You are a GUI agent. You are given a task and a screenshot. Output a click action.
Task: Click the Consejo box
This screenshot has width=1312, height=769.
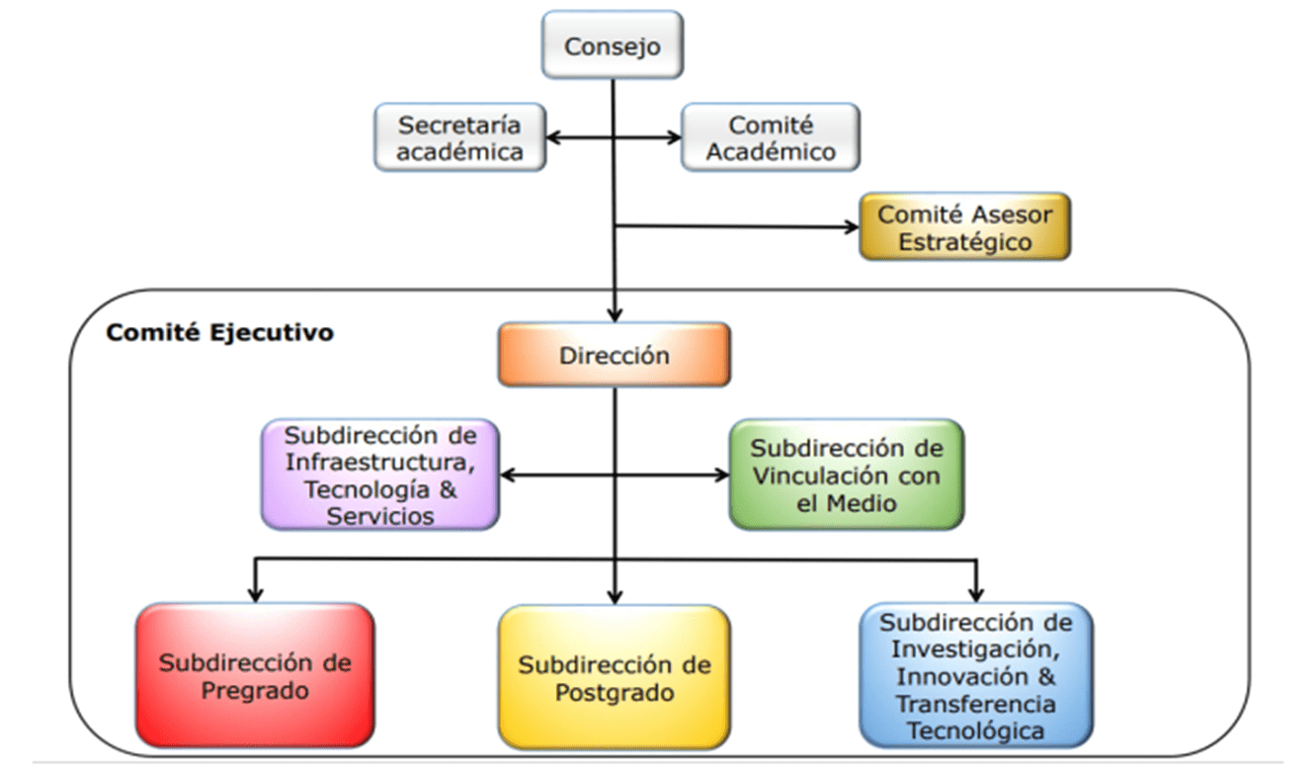pyautogui.click(x=613, y=45)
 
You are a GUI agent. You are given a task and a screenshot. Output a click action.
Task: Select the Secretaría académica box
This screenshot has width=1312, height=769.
pyautogui.click(x=459, y=138)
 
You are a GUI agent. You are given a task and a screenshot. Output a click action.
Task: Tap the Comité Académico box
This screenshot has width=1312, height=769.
pyautogui.click(x=771, y=138)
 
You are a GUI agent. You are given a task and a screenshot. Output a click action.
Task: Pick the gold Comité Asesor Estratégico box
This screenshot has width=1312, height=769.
pyautogui.click(x=964, y=226)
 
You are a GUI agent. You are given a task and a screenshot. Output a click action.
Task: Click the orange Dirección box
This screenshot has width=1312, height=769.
pyautogui.click(x=614, y=355)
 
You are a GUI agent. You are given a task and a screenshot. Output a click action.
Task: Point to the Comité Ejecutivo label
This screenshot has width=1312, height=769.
pyautogui.click(x=219, y=332)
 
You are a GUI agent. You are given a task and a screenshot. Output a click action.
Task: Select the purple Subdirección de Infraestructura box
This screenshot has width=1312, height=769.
pyautogui.click(x=380, y=474)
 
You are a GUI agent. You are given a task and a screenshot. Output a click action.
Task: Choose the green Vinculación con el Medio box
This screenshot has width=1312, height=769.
pyautogui.click(x=846, y=474)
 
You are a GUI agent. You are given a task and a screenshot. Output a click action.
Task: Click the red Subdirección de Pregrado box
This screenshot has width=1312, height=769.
pyautogui.click(x=255, y=675)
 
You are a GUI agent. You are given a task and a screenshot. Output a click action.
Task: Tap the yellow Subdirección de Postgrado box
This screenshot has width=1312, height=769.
pyautogui.click(x=614, y=677)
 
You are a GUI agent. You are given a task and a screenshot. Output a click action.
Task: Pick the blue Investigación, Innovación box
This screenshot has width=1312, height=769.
pyautogui.click(x=976, y=677)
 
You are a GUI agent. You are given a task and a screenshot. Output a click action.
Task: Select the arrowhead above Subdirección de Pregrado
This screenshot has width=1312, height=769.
pyautogui.click(x=255, y=594)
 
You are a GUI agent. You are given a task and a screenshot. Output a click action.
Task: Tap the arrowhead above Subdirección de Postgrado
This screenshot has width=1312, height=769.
pyautogui.click(x=615, y=596)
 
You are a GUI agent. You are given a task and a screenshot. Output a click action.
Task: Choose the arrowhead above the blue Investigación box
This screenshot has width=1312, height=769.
pyautogui.click(x=976, y=594)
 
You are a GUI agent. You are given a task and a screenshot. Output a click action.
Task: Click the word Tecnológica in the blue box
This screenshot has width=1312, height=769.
pyautogui.click(x=976, y=730)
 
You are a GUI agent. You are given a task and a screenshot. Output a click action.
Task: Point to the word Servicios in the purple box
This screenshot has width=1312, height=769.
pyautogui.click(x=380, y=515)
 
